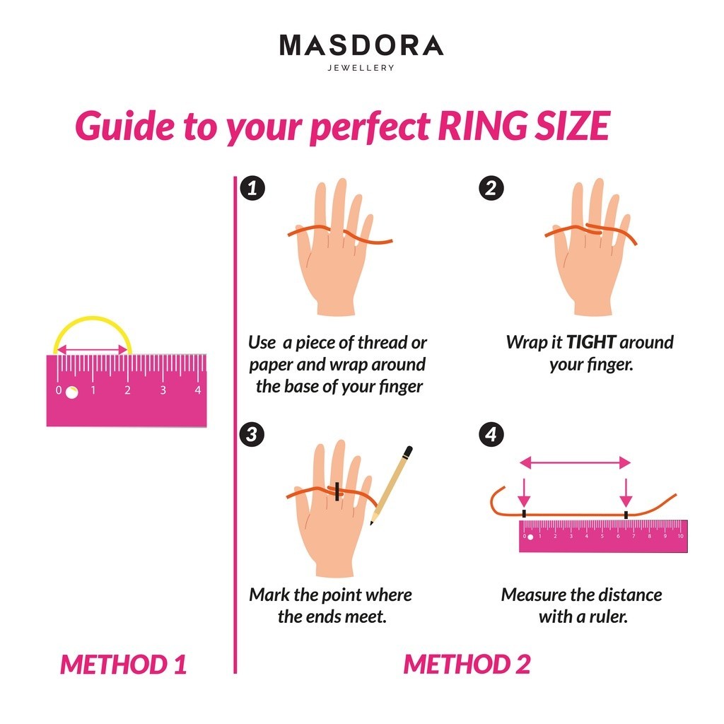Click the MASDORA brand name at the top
tap(361, 45)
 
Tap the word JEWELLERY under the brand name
tap(361, 68)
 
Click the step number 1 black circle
tap(252, 188)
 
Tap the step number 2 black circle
tap(491, 188)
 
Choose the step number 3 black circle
tap(252, 434)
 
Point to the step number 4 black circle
tap(491, 434)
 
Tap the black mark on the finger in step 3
tap(337, 492)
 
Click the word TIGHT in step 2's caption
tap(590, 342)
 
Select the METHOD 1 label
tap(123, 664)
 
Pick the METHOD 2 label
tap(467, 664)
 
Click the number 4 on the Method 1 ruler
tap(198, 390)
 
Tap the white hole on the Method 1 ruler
tap(71, 392)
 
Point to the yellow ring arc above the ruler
tap(93, 318)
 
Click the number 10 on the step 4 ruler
tap(681, 536)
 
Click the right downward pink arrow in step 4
tap(626, 493)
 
